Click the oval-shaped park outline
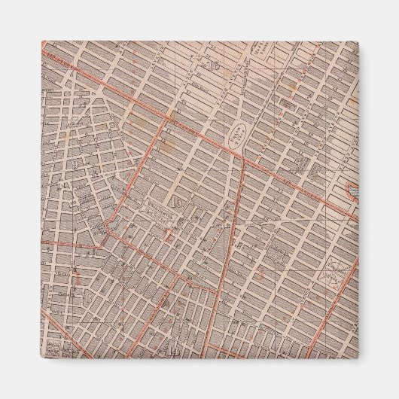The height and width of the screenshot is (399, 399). tap(239, 136)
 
